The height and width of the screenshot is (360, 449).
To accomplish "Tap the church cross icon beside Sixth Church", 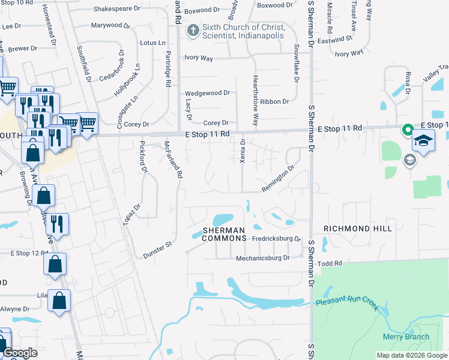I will click(193, 30).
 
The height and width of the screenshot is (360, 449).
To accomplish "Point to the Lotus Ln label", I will click(152, 43).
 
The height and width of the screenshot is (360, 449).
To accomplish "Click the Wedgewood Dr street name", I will click(208, 93).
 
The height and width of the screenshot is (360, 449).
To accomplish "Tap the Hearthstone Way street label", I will click(255, 100).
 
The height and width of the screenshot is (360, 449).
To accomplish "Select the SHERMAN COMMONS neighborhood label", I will click(224, 234).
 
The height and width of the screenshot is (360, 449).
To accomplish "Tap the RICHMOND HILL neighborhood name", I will click(357, 229).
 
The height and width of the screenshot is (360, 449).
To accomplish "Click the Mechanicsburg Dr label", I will click(262, 257).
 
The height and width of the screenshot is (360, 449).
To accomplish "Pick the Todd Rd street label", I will click(330, 263).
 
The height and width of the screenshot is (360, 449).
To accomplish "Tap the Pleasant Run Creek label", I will click(347, 304).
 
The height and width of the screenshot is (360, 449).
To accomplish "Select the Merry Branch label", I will click(406, 337).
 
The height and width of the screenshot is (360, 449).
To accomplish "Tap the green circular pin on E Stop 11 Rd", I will click(408, 129).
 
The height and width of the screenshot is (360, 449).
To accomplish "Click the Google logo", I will click(20, 353).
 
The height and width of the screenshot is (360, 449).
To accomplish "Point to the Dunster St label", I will click(157, 250).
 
